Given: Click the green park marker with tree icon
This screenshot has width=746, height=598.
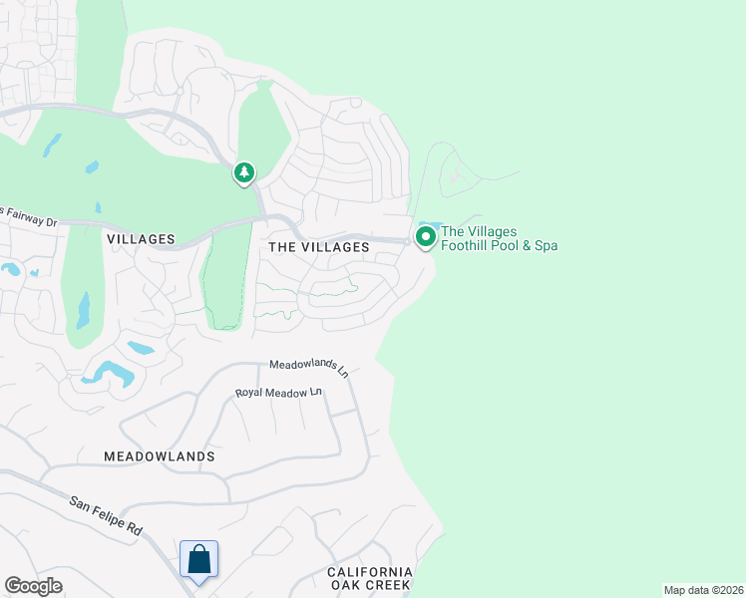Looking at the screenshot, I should coord(244,173).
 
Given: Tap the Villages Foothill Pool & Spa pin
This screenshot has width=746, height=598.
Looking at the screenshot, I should coord(425,237).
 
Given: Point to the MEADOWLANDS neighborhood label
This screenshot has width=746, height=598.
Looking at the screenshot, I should coord(160,455).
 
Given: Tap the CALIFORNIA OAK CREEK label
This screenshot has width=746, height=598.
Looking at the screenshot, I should coord(370,579).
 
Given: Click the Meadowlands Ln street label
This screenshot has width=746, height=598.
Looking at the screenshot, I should coord(309,368).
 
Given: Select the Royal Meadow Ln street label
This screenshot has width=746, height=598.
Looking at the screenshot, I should coord(280,394).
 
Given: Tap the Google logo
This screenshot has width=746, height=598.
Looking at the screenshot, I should coord(33,586).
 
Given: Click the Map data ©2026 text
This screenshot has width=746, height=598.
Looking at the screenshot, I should coord(703,590).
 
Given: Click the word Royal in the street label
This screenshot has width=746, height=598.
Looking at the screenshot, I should coord(249,394).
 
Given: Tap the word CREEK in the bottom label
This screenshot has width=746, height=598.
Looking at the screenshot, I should coord(389,586).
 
